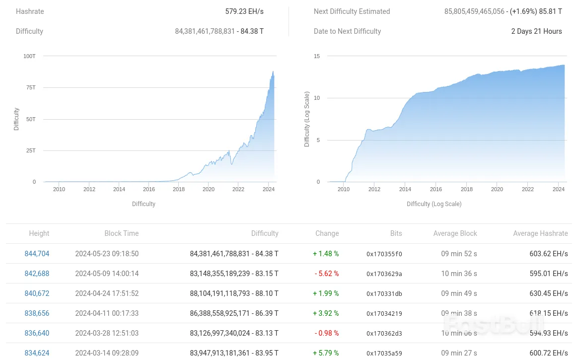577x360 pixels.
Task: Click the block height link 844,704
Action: (x=37, y=254)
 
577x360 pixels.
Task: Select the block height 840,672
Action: (x=37, y=293)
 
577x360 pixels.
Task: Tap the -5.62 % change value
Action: (x=326, y=274)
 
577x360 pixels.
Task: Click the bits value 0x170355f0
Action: (x=384, y=254)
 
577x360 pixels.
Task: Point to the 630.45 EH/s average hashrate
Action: (x=548, y=293)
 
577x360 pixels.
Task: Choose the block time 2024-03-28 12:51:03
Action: (x=107, y=333)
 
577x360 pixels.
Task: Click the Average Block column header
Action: (x=455, y=233)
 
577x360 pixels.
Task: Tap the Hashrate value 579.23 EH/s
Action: (x=244, y=11)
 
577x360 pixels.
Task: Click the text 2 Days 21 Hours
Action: (x=536, y=31)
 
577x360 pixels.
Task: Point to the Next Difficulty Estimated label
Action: (x=352, y=11)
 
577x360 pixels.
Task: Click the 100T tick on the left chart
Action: (x=29, y=56)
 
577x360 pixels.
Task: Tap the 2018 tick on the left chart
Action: (x=179, y=189)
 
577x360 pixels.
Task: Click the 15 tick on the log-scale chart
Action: (x=316, y=56)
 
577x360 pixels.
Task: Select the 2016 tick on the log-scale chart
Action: (x=436, y=189)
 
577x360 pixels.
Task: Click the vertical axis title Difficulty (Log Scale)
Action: (x=307, y=119)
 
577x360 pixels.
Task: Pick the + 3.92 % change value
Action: (x=326, y=313)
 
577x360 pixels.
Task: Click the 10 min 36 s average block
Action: (x=459, y=274)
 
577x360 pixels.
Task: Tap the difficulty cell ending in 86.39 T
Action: (x=234, y=313)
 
